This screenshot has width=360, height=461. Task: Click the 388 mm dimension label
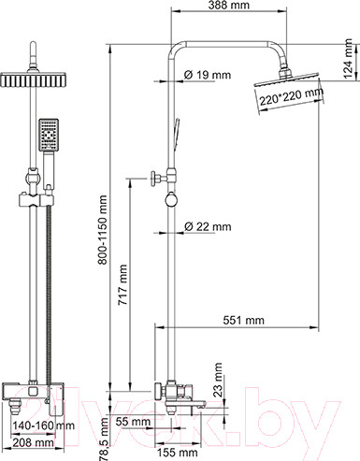(229, 6)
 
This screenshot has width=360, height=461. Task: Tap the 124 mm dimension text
(348, 59)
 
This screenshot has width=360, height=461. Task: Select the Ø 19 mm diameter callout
(208, 75)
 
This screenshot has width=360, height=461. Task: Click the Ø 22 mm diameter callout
(208, 226)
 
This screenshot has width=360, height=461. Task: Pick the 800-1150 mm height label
(102, 230)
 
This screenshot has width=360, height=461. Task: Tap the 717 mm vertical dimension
(122, 285)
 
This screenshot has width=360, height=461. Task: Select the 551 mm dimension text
(244, 320)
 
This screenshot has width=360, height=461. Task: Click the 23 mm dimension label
(219, 380)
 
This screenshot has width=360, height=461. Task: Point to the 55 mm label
(133, 422)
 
